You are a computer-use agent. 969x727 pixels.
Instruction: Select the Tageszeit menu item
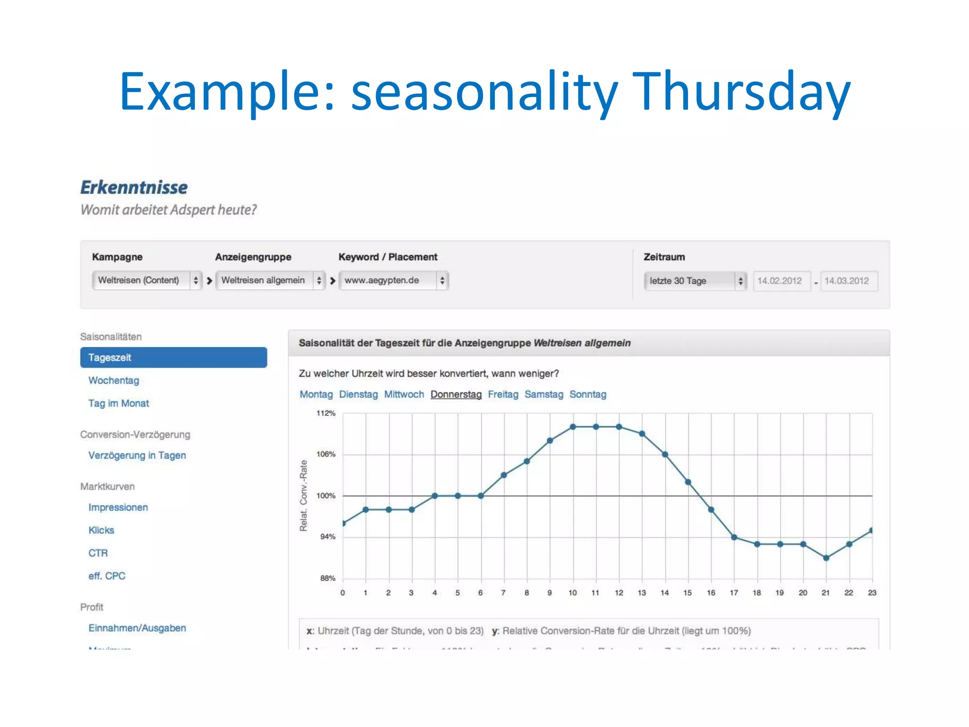click(x=173, y=357)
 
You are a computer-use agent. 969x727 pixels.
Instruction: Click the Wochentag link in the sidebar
click(x=114, y=381)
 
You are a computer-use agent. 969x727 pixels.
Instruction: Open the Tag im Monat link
click(x=118, y=403)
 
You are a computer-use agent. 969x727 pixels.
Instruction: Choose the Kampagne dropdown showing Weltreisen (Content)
click(x=147, y=280)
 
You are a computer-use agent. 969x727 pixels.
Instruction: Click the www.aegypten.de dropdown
click(x=393, y=280)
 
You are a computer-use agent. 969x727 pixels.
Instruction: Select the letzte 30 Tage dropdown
click(x=695, y=281)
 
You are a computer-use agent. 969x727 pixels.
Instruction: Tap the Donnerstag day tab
click(x=456, y=394)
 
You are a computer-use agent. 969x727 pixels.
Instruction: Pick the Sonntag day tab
click(x=588, y=394)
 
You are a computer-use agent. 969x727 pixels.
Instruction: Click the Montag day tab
click(x=316, y=394)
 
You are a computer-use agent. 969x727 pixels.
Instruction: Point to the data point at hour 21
click(x=826, y=558)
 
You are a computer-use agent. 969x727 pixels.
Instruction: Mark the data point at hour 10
click(x=573, y=426)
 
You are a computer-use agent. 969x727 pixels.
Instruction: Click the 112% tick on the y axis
click(x=326, y=413)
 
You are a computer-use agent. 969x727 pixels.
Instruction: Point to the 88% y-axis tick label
click(x=327, y=578)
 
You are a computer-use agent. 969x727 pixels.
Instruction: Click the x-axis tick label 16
click(x=711, y=593)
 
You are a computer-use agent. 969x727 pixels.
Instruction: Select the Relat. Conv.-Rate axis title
click(x=304, y=496)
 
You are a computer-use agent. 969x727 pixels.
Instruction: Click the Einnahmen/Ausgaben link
click(x=137, y=628)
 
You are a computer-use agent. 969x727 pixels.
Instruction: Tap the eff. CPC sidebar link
click(x=107, y=576)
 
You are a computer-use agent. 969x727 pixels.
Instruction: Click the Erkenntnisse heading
click(x=134, y=187)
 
